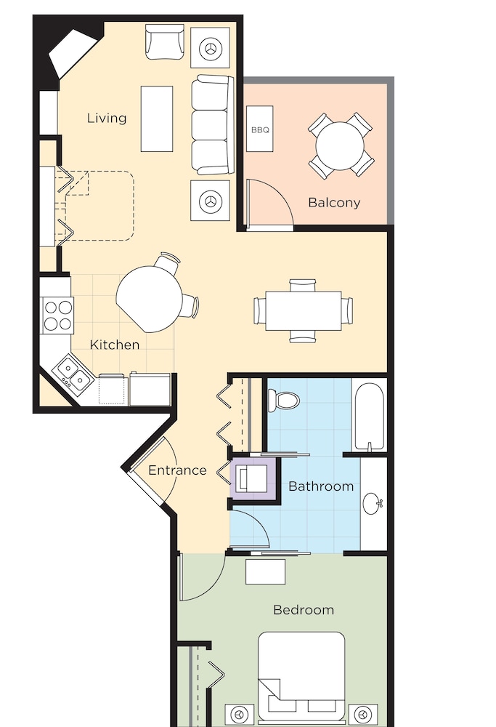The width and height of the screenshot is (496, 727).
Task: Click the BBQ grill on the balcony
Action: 259,129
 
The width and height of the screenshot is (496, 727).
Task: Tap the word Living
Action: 107,118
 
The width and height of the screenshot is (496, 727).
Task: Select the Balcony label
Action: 334,203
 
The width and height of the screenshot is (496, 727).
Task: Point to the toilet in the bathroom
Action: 284,400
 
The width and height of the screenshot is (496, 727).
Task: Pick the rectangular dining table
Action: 303,310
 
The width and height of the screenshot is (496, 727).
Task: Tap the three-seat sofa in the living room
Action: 212,125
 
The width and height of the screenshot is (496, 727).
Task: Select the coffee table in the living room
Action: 157,119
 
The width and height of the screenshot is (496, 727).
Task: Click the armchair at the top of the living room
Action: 166,42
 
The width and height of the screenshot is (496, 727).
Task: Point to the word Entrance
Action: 177,470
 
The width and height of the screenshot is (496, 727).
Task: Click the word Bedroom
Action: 304,610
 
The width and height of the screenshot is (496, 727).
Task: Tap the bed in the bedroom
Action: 302,676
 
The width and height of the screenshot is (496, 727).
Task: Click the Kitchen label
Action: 115,345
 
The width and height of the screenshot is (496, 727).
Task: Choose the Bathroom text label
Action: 321,486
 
